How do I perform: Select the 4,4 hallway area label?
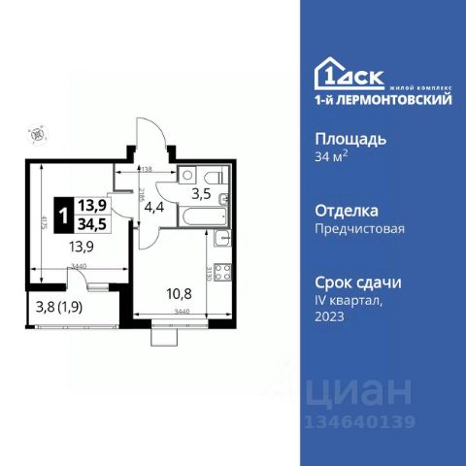tap(152, 207)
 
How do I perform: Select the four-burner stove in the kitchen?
tap(221, 275)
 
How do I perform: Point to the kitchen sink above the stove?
tap(222, 241)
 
